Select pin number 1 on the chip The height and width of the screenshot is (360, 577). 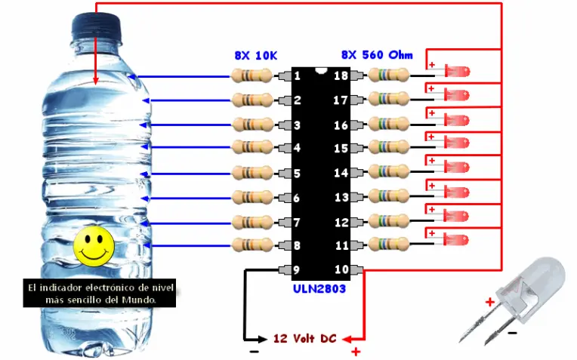298,75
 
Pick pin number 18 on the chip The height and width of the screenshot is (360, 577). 341,75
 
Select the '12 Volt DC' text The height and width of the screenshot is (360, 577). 304,338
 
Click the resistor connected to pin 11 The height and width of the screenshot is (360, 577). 388,245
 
